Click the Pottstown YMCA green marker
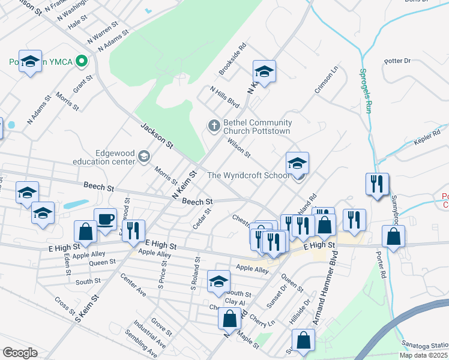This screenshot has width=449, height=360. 83,61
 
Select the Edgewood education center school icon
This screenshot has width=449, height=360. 143,157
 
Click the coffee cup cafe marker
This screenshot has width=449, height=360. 106,218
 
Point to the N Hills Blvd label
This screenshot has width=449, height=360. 224,97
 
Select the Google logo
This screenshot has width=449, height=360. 20,353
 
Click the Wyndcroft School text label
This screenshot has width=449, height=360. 249,175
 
